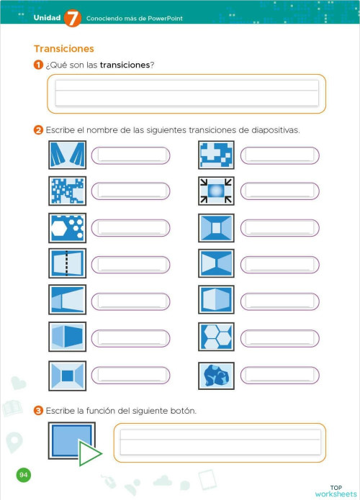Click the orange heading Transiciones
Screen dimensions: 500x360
[64, 49]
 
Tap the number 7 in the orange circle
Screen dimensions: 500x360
[73, 19]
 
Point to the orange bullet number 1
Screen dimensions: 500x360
[37, 65]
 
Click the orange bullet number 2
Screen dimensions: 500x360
[37, 130]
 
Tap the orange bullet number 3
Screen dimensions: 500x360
[37, 411]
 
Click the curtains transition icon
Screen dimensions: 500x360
[67, 155]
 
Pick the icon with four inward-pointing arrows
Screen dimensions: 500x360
[216, 191]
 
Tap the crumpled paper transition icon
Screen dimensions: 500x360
[216, 375]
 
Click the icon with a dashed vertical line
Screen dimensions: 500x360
[67, 264]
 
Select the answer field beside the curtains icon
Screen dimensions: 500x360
[131, 155]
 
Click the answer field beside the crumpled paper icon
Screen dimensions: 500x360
[279, 376]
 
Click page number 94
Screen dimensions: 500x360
[24, 475]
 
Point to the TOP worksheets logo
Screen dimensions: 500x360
[335, 491]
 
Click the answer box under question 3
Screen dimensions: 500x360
[220, 442]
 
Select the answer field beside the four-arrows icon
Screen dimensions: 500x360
[279, 191]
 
